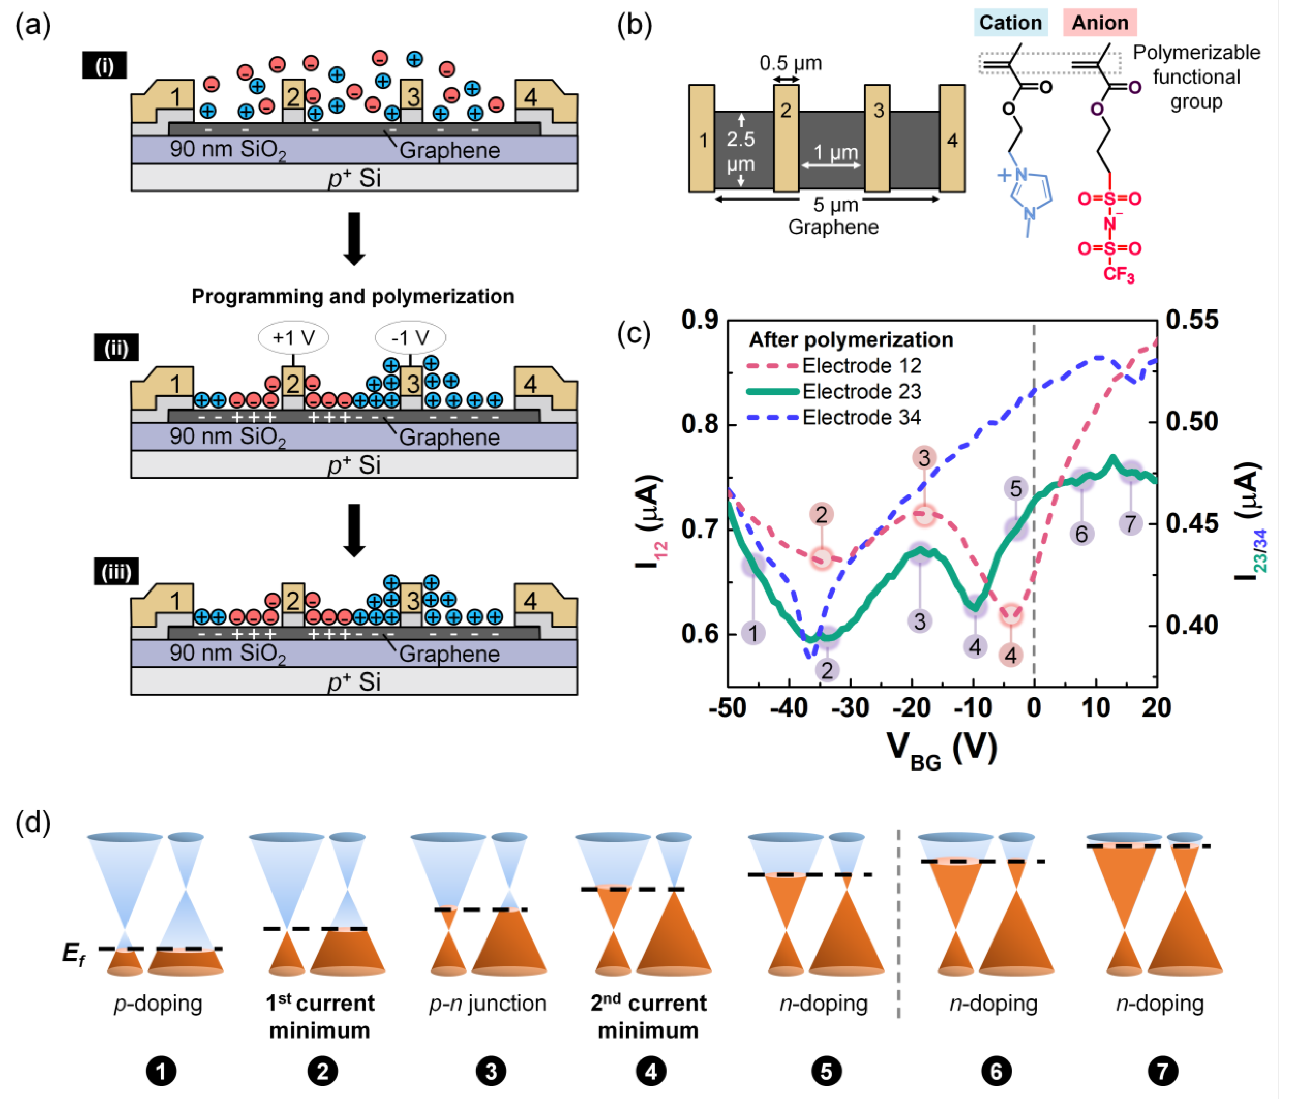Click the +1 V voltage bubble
(x=293, y=338)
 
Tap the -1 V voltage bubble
(x=410, y=338)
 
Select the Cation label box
(x=1010, y=22)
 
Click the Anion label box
(x=1099, y=22)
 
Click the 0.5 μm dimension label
(x=790, y=63)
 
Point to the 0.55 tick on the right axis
(x=1192, y=319)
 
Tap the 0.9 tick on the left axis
(x=700, y=319)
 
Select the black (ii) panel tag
(x=116, y=348)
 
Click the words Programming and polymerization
(x=352, y=296)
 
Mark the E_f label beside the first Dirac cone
(x=74, y=953)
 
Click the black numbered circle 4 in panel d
(x=651, y=1071)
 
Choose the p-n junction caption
(x=488, y=1003)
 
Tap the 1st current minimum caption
(x=320, y=1016)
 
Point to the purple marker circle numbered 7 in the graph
(x=1130, y=523)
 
